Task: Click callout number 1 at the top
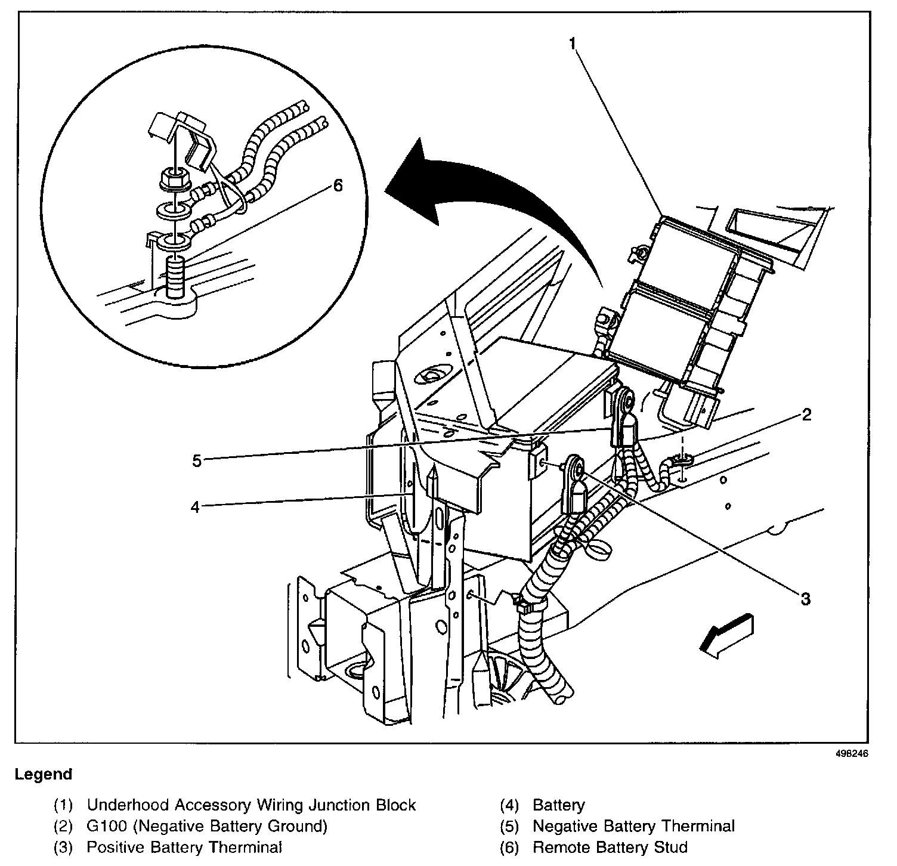[572, 44]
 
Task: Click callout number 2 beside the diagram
[806, 415]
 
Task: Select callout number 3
[805, 598]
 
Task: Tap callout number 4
[195, 507]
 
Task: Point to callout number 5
[197, 460]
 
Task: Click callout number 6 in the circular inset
[338, 186]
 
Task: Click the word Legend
[44, 774]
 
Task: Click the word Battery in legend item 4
[559, 805]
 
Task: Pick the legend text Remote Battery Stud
[610, 847]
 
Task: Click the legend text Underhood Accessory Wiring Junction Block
[251, 805]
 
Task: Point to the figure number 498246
[852, 753]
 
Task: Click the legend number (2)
[64, 826]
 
